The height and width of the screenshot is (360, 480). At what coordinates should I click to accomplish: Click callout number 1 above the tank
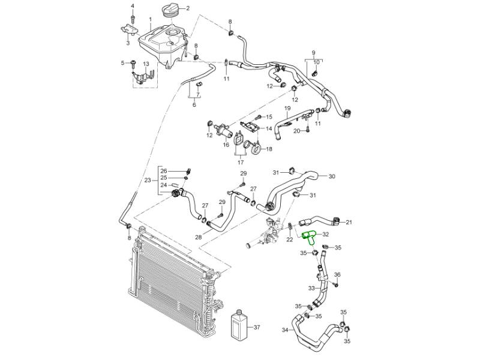point(151,20)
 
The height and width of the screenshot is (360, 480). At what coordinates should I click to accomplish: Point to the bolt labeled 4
point(133,14)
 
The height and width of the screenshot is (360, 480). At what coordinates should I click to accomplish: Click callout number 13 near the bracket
point(146,64)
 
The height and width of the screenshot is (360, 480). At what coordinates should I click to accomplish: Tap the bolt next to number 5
point(134,64)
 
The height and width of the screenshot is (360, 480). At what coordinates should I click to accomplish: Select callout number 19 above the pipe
point(287,108)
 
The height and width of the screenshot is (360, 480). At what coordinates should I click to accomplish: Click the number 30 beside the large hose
point(332,176)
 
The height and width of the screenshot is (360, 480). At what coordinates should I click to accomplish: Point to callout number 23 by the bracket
point(148,181)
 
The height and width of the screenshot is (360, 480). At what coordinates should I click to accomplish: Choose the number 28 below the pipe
point(198,237)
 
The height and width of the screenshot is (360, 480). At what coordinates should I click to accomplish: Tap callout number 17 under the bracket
point(241,162)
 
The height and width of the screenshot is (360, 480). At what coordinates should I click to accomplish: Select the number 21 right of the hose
point(349,222)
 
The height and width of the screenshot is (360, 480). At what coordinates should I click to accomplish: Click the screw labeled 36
point(336,284)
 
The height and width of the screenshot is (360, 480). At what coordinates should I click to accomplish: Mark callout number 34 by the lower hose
point(285,331)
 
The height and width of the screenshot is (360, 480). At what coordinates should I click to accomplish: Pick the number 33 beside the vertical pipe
point(311,289)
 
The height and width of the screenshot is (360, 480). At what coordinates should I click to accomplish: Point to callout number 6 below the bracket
point(194,104)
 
